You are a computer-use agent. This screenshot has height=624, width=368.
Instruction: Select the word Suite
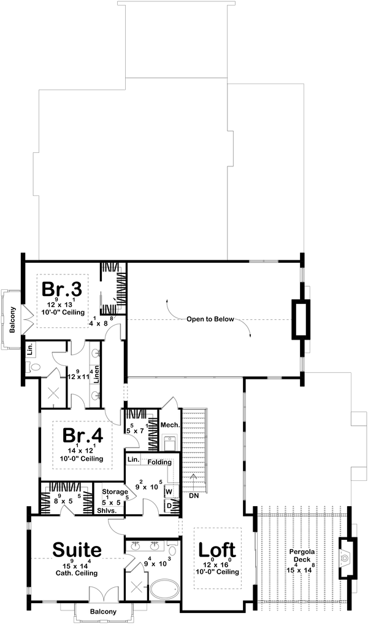tap(77, 548)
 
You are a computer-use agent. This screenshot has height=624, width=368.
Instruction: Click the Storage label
tap(115, 491)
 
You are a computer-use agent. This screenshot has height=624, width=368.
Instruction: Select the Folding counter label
tap(159, 461)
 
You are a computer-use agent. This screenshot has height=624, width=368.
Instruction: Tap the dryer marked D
tap(169, 505)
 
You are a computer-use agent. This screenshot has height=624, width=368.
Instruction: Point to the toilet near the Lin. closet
tap(34, 367)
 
